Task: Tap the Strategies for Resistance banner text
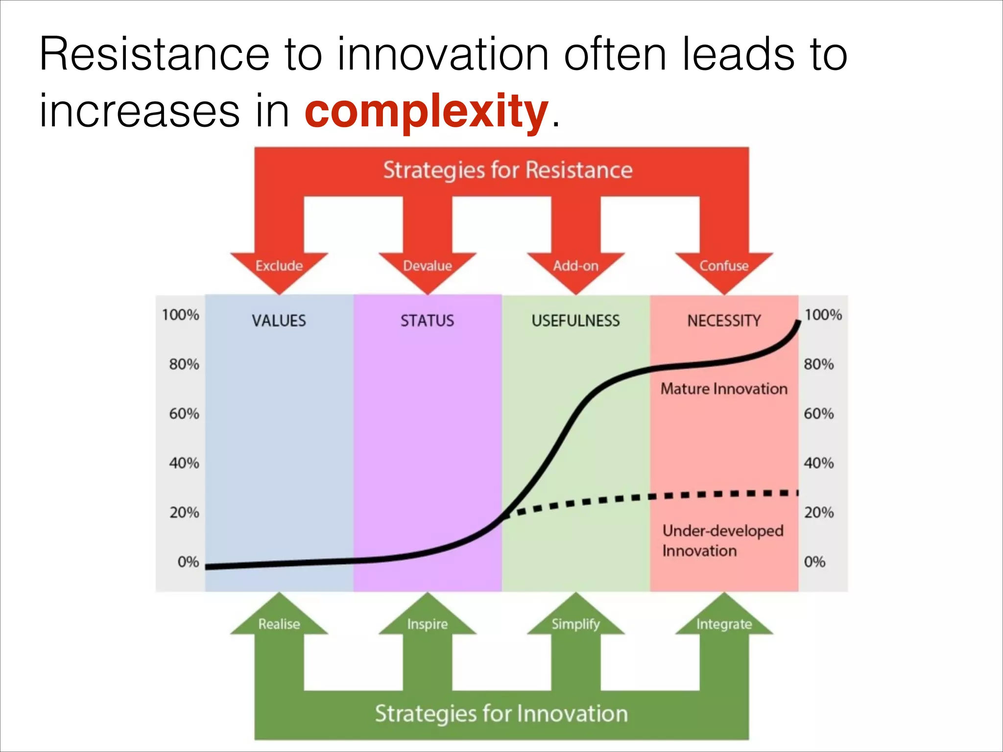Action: (507, 170)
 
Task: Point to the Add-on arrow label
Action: (575, 266)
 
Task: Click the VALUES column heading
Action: (279, 321)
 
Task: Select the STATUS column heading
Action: (427, 321)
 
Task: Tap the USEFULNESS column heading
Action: (575, 321)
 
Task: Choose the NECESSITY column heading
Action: (724, 321)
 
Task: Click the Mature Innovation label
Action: (724, 389)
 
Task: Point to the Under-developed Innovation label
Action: (722, 540)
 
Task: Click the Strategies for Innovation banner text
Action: (501, 713)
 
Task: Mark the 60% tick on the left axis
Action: (184, 414)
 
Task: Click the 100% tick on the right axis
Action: (823, 314)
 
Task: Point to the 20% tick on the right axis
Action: (818, 513)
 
